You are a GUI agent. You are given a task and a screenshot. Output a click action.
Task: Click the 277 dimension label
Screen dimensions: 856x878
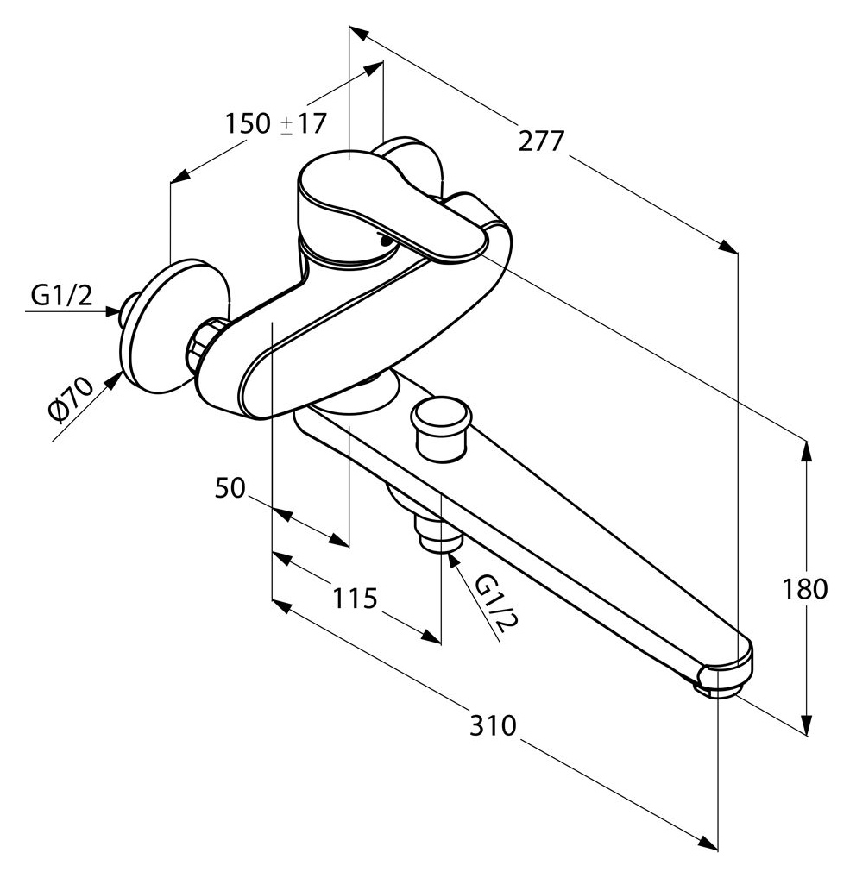click(540, 141)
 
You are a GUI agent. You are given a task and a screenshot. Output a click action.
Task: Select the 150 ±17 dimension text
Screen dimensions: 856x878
click(275, 123)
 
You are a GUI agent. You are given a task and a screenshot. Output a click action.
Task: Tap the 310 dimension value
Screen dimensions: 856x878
click(493, 725)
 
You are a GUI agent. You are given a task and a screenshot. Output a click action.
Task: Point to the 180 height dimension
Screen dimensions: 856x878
click(804, 590)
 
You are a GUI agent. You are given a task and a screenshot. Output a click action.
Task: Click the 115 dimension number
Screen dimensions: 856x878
click(356, 599)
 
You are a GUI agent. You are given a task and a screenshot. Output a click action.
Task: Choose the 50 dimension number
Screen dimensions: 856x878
click(230, 488)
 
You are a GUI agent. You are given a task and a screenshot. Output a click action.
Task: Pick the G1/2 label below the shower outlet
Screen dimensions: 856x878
click(496, 603)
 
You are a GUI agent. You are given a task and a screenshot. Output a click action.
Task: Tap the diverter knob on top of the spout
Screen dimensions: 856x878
click(440, 429)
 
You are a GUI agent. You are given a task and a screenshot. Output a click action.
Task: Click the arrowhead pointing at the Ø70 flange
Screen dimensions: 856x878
click(114, 380)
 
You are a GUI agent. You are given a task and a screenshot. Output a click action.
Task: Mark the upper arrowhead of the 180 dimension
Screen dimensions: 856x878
click(807, 452)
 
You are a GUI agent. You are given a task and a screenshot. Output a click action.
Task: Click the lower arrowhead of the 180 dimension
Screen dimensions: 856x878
click(807, 724)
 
